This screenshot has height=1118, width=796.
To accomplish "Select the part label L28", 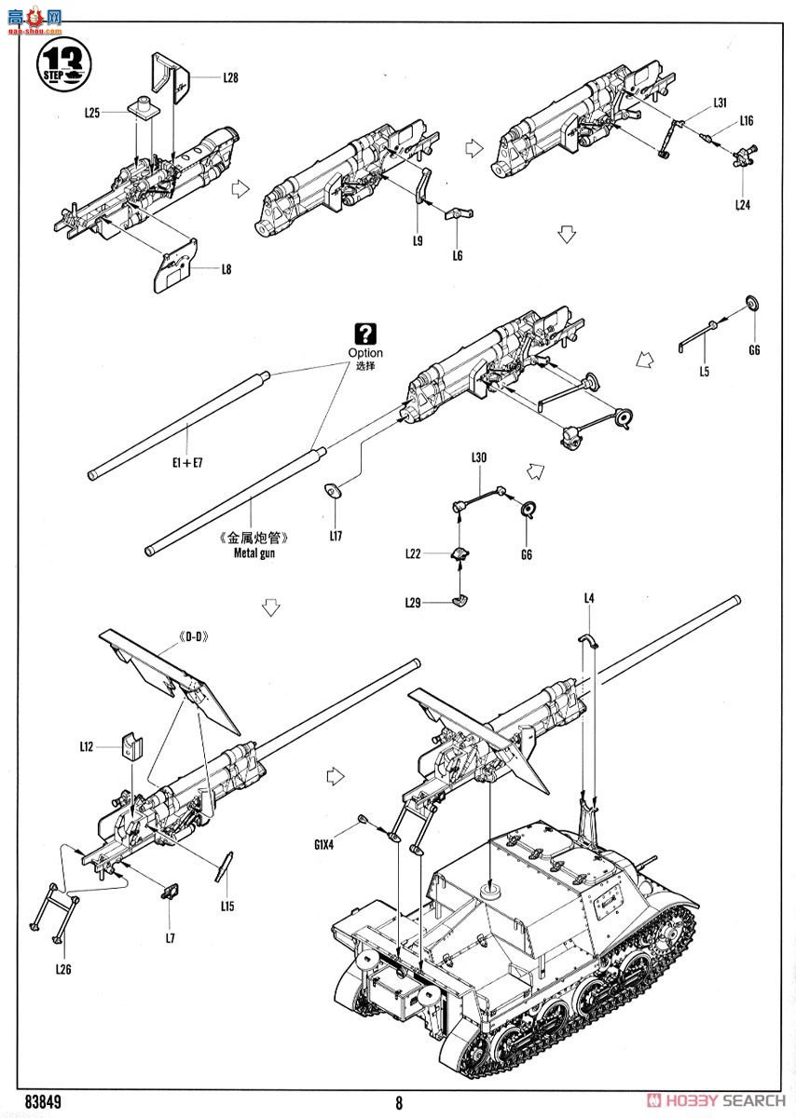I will tap(230, 78).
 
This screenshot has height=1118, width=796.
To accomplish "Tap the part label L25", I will tap(91, 112).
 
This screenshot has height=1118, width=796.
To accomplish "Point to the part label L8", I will tap(226, 269).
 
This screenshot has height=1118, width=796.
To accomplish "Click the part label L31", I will tap(720, 102).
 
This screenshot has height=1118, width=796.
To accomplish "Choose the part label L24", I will tap(742, 204).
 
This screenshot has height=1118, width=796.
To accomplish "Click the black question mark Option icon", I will tap(365, 334).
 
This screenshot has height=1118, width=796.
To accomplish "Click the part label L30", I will tap(479, 457).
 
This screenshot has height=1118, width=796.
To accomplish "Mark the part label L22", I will tap(414, 553).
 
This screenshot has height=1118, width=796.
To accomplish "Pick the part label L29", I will tap(414, 603).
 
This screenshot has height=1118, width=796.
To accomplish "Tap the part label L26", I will tap(63, 969).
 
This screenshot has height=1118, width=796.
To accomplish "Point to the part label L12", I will tap(87, 746).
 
